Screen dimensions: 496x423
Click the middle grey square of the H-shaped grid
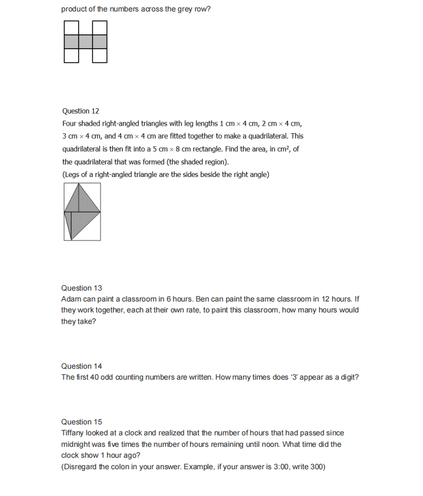point(85,42)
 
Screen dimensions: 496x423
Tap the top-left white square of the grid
point(71,28)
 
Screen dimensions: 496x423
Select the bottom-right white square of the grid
point(99,55)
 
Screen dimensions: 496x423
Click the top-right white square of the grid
point(99,28)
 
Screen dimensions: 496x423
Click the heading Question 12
point(80,111)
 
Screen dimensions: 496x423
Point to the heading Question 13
point(81,288)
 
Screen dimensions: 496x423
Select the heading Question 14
point(81,366)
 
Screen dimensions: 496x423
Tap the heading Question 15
point(81,422)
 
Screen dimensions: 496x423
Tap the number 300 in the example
point(318,467)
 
